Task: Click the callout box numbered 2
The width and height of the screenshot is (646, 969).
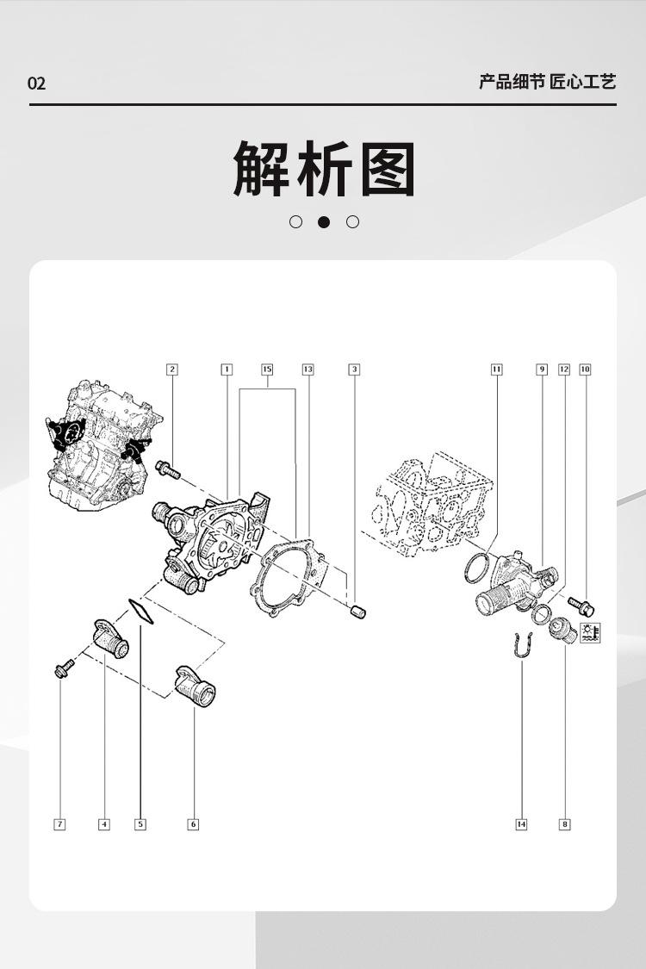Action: click(172, 370)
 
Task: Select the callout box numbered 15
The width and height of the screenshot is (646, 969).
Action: click(267, 370)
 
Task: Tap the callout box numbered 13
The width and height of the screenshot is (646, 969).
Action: click(307, 370)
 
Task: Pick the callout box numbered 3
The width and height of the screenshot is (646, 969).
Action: click(354, 370)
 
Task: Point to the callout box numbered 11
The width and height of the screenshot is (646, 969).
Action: click(497, 370)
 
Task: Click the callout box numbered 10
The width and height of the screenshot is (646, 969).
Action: click(585, 370)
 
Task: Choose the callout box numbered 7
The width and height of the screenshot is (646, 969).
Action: click(59, 824)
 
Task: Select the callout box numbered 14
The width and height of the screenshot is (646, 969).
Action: click(521, 824)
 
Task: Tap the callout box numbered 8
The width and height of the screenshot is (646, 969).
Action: click(565, 824)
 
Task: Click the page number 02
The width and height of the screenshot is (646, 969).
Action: click(36, 84)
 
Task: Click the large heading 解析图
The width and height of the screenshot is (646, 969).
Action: click(324, 169)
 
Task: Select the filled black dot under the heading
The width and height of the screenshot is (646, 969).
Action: click(324, 222)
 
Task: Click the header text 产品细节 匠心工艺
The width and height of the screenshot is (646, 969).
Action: click(547, 83)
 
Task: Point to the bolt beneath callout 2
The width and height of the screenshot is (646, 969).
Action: click(167, 470)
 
